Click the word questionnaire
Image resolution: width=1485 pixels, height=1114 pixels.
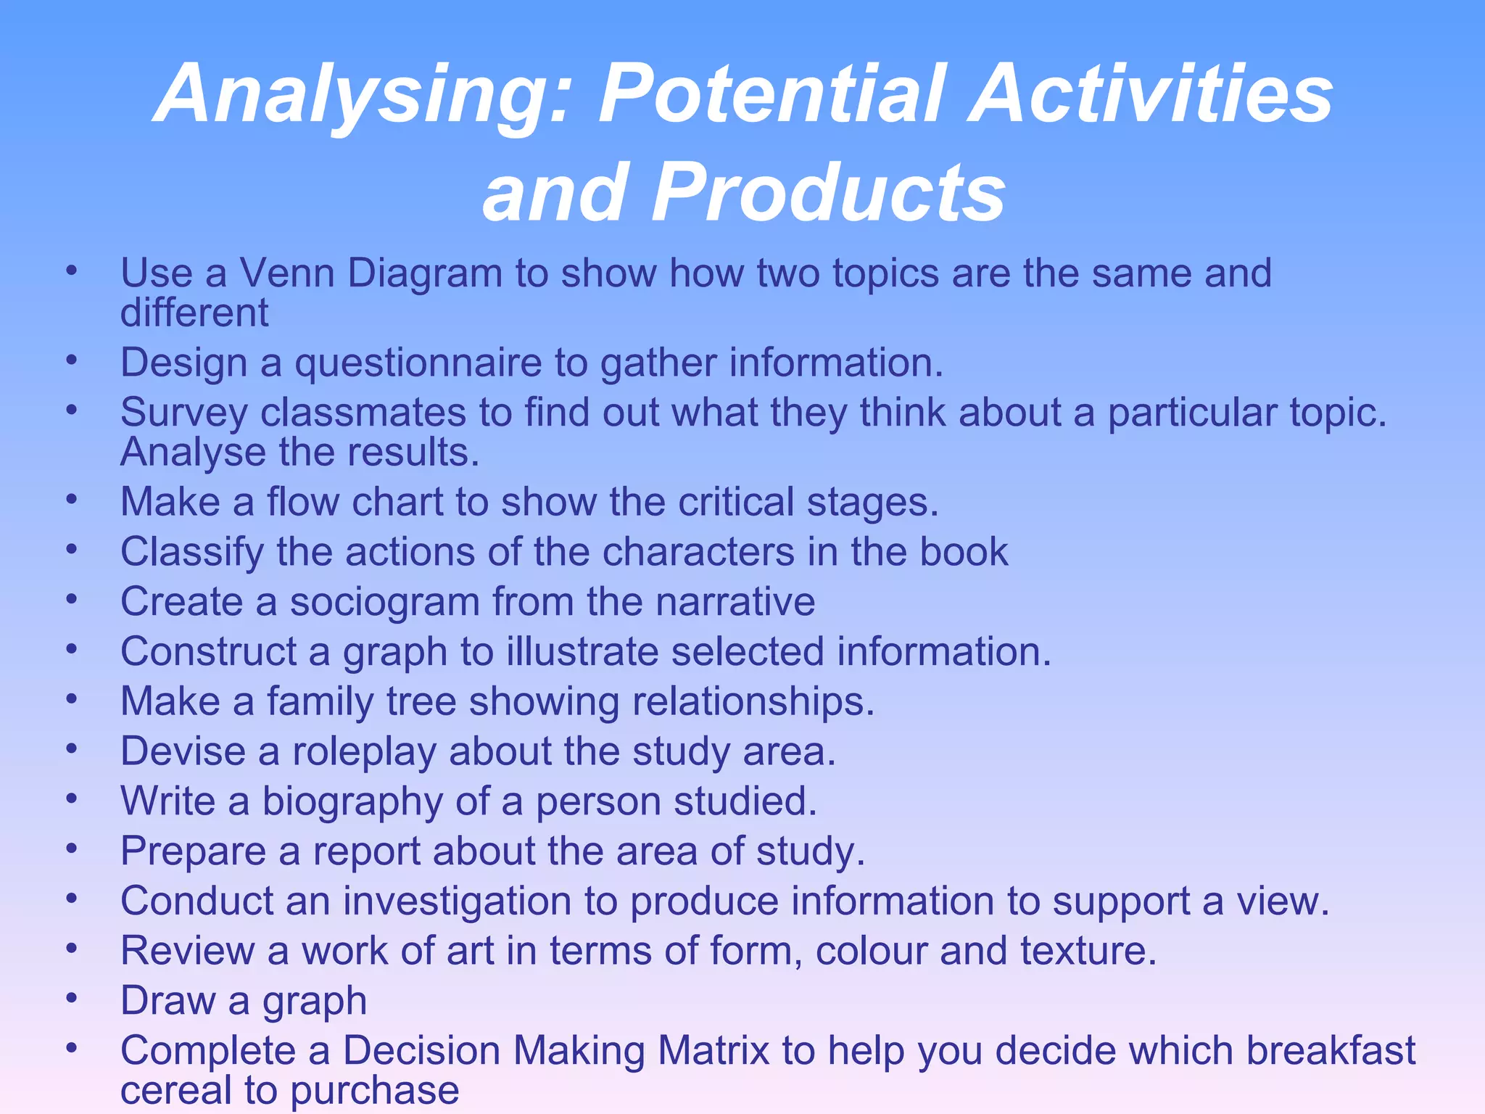[x=418, y=363]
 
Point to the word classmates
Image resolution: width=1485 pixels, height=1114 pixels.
[x=363, y=413]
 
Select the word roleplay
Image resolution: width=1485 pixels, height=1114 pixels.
[x=364, y=751]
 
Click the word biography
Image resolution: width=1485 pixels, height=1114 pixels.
[x=352, y=802]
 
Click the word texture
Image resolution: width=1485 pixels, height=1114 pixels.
[x=1087, y=951]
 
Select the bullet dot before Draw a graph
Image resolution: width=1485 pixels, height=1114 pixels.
[x=71, y=999]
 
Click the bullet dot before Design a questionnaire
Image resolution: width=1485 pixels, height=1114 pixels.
[x=71, y=360]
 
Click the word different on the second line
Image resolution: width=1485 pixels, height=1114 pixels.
[x=194, y=313]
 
